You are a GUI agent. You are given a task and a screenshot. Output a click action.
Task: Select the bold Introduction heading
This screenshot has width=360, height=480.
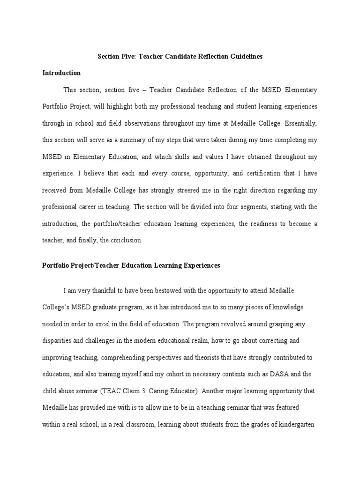point(61,73)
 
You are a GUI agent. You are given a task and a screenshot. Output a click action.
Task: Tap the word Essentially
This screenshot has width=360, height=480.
point(300,123)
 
